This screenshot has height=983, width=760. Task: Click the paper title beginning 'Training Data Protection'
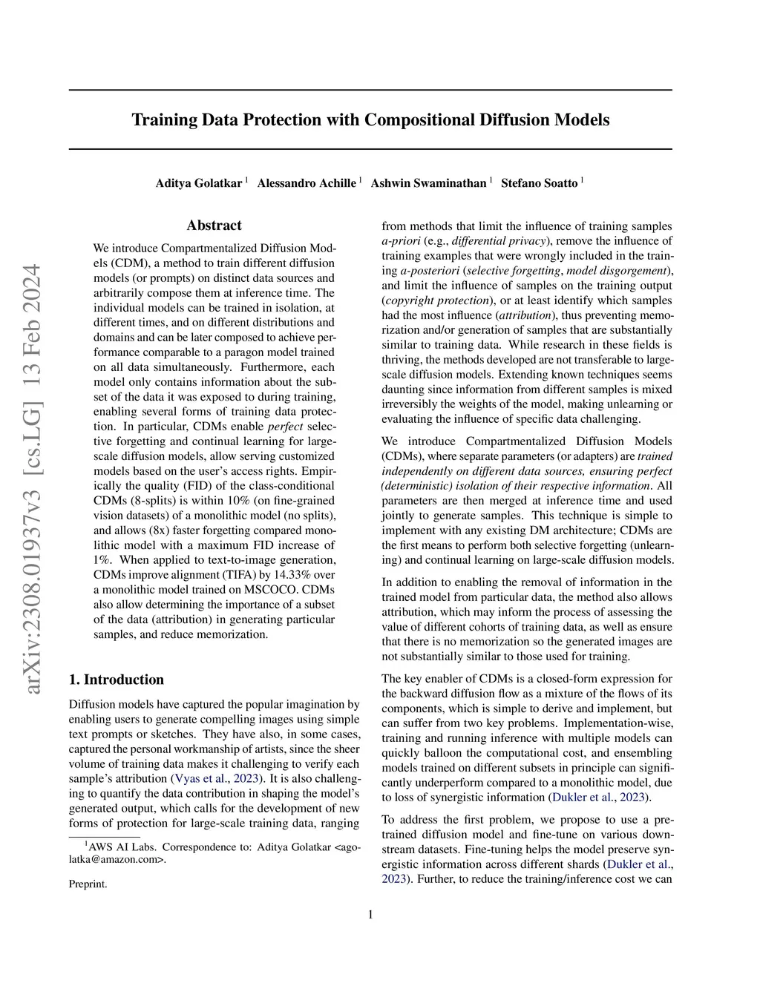coord(370,120)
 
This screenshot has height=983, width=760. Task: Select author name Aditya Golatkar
coord(198,183)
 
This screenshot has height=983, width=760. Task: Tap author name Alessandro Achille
coord(306,183)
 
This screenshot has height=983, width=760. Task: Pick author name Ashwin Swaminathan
coord(428,183)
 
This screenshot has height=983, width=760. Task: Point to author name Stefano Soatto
coord(539,183)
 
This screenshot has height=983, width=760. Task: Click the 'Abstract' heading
coord(214,226)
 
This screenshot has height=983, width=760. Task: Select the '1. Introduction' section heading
coord(117,680)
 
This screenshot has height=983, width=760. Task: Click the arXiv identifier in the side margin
coord(32,479)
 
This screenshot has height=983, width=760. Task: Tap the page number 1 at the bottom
coord(370,915)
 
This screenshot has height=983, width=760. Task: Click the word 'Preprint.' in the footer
coord(88,884)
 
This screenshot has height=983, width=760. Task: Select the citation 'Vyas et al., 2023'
coord(217,778)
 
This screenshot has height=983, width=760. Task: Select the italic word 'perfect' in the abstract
coord(285,427)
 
